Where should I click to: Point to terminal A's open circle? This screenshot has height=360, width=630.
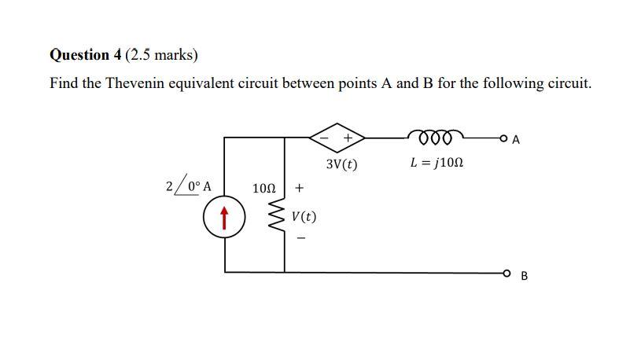click(x=503, y=139)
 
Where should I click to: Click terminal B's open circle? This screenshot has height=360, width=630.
click(x=503, y=273)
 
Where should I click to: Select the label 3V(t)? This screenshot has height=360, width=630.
click(x=341, y=165)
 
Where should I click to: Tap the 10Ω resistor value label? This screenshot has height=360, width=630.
click(x=264, y=189)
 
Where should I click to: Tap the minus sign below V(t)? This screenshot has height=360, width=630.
click(x=300, y=239)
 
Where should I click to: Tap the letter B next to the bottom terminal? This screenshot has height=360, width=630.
click(x=525, y=276)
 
